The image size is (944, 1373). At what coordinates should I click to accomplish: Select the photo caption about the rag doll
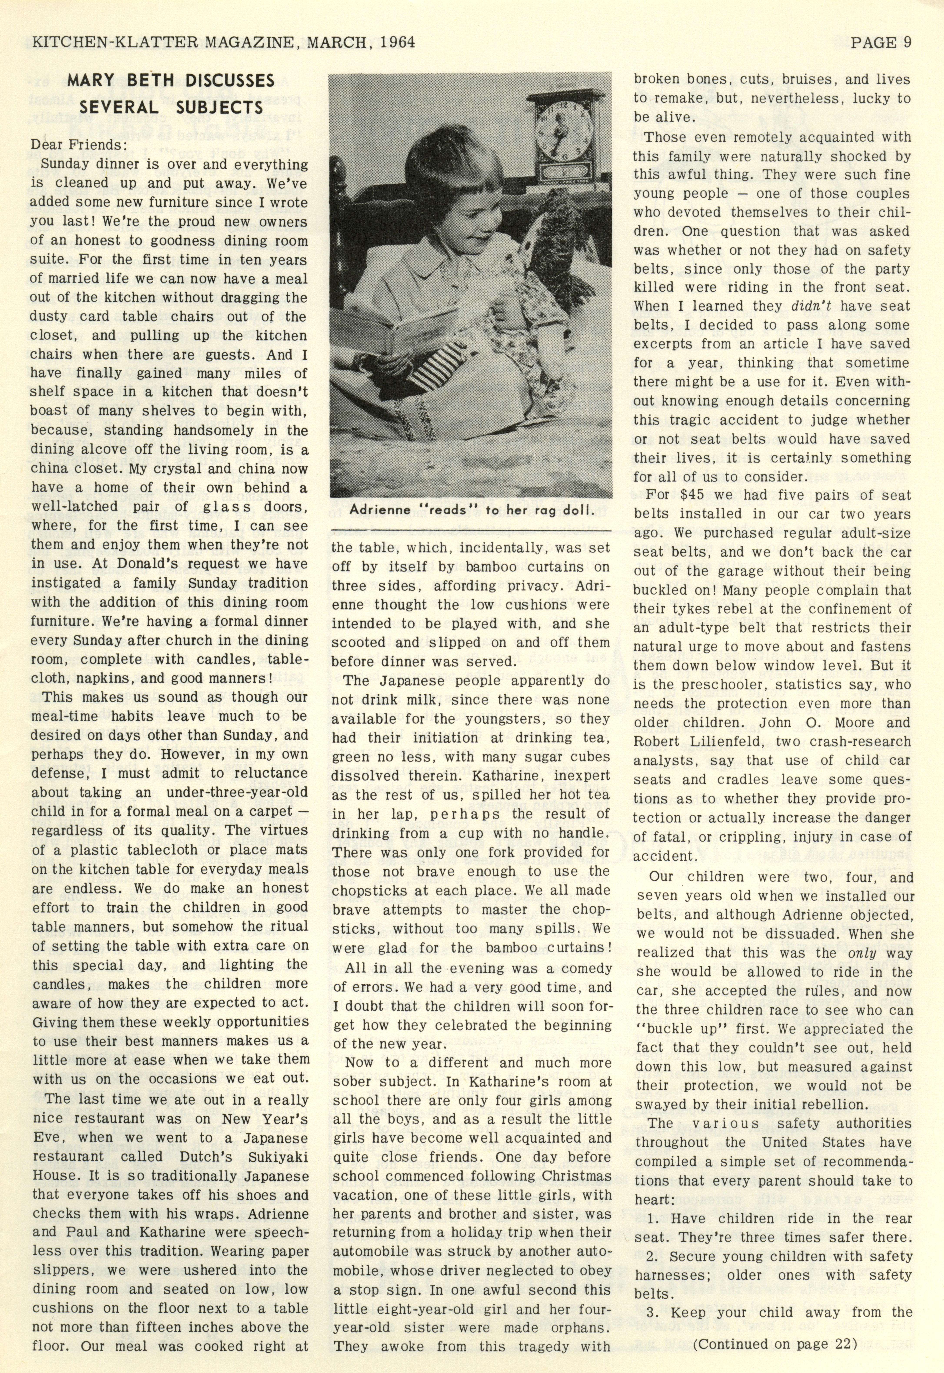470,510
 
